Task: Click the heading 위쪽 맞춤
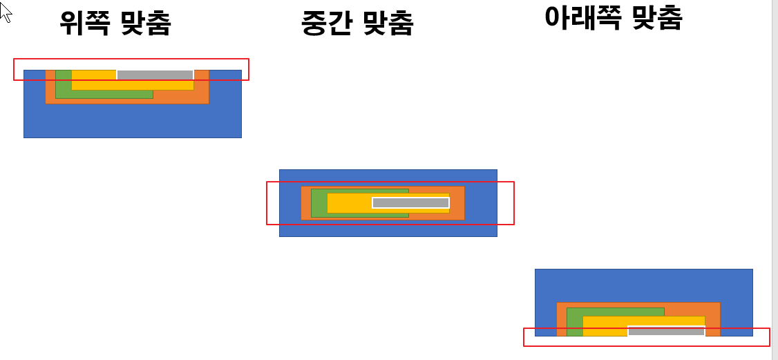click(115, 23)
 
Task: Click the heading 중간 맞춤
click(357, 23)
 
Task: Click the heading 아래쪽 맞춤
click(613, 18)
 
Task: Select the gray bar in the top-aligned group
click(155, 75)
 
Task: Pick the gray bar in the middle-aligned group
click(410, 202)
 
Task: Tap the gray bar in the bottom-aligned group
click(666, 331)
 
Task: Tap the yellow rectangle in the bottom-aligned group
click(605, 326)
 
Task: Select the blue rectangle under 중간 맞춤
click(388, 229)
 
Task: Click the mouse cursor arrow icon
click(6, 11)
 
